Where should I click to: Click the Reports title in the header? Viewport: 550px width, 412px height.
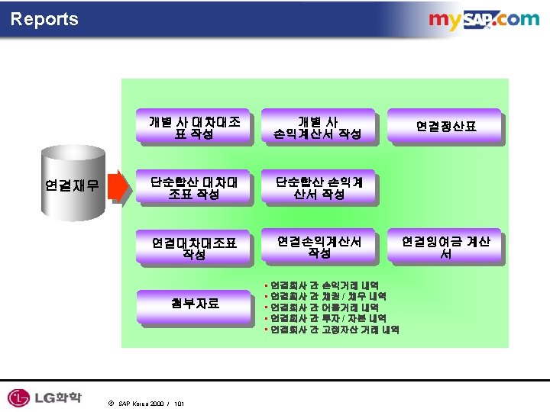tap(44, 19)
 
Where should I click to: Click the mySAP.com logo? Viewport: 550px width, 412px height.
tap(483, 21)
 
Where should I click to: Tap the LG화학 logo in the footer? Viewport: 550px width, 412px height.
tap(44, 397)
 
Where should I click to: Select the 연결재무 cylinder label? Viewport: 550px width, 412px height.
tap(73, 184)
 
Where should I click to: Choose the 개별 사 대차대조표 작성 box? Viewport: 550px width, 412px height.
tap(194, 127)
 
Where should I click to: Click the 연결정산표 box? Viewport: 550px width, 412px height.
tap(446, 126)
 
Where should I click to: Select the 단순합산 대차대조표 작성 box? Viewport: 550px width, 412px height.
tap(194, 188)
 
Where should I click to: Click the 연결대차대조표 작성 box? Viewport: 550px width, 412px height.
tap(194, 248)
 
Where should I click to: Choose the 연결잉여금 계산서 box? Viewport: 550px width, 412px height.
tap(446, 246)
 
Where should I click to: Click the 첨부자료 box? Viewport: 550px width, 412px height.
tap(194, 303)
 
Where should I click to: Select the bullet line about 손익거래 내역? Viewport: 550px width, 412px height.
tap(324, 285)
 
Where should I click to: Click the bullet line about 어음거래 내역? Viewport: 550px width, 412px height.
tap(324, 307)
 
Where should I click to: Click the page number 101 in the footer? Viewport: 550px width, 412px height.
tap(179, 403)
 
